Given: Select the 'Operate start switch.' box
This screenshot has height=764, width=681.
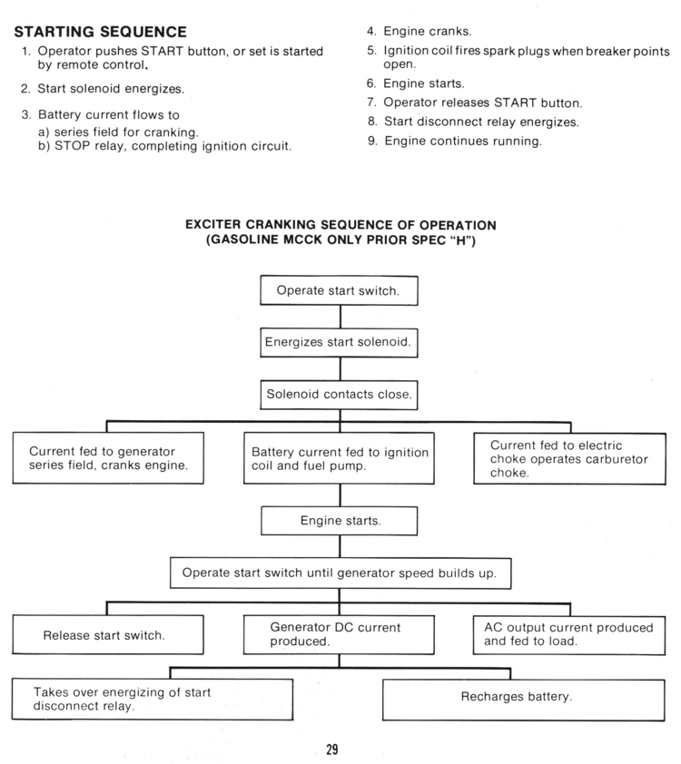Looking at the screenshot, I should pyautogui.click(x=339, y=290).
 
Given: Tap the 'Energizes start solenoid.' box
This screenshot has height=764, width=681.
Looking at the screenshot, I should pyautogui.click(x=339, y=343).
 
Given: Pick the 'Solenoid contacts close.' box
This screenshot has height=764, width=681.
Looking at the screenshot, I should pyautogui.click(x=339, y=395).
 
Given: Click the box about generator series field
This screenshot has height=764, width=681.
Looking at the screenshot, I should pyautogui.click(x=108, y=458).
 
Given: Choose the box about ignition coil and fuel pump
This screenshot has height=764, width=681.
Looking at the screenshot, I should pyautogui.click(x=339, y=459).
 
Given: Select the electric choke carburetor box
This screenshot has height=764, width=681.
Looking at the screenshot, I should pyautogui.click(x=569, y=459).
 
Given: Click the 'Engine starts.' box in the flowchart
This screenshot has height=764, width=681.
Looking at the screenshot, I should pyautogui.click(x=339, y=521).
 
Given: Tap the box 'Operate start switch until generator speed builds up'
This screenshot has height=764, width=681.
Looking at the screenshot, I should pyautogui.click(x=339, y=573).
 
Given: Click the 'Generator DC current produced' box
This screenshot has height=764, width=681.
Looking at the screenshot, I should pyautogui.click(x=339, y=634).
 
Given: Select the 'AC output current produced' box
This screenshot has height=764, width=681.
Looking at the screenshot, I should pyautogui.click(x=569, y=634).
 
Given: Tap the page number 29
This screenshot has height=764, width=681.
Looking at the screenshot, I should pyautogui.click(x=332, y=749).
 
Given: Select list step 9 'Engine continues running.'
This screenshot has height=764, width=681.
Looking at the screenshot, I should pyautogui.click(x=462, y=141).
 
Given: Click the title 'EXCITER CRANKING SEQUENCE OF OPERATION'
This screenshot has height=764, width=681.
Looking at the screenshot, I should pyautogui.click(x=340, y=224).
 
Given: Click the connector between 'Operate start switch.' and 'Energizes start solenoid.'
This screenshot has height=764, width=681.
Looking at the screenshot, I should pyautogui.click(x=340, y=317).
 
